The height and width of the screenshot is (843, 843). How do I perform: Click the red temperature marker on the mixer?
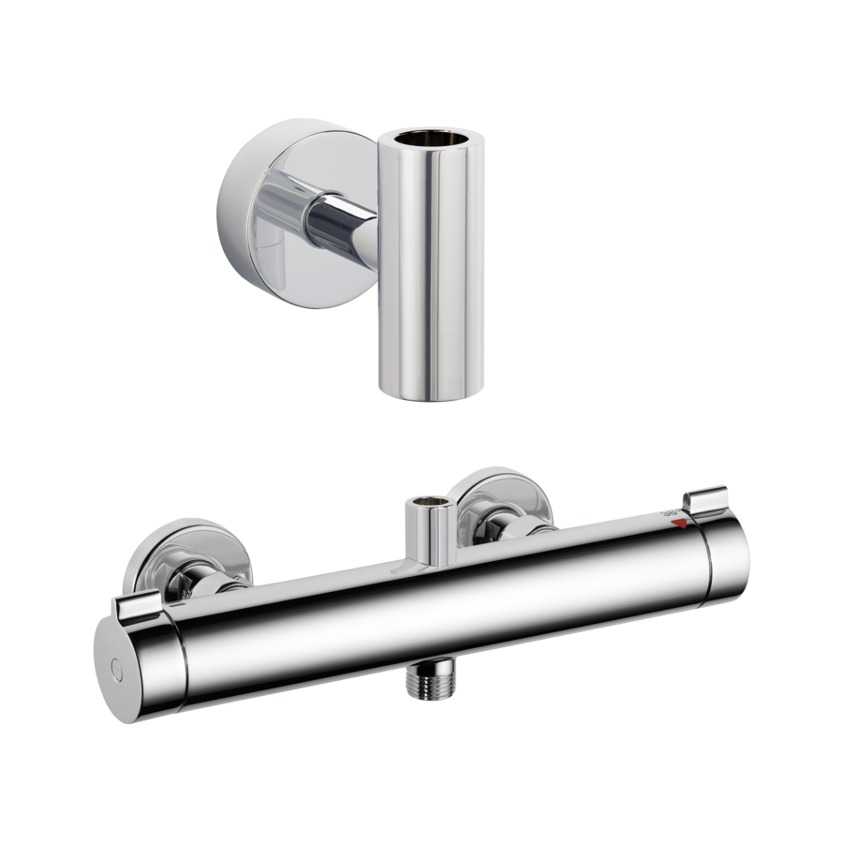pos(688,527)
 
